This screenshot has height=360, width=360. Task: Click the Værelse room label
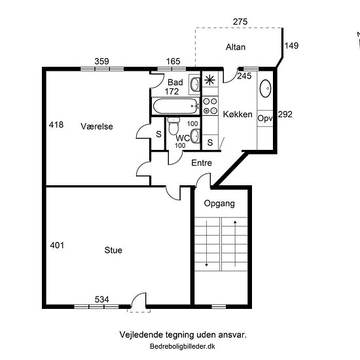tap(97, 126)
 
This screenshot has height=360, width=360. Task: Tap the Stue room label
tap(113, 250)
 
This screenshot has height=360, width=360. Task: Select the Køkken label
tap(238, 114)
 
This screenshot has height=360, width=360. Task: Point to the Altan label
tap(236, 47)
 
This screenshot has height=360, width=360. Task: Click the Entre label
tap(202, 163)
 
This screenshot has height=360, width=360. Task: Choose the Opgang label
tap(219, 204)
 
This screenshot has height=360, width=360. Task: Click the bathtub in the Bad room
tap(176, 106)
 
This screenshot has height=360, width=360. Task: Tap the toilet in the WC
tap(174, 126)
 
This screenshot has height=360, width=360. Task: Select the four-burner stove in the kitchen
tap(210, 106)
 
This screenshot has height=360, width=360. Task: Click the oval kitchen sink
tap(265, 88)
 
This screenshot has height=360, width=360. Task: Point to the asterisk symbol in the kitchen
tap(209, 80)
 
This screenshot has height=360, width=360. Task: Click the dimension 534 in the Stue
tap(101, 299)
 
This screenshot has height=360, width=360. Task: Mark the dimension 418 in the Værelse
tap(56, 124)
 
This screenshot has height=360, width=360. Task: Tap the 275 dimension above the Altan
tap(240, 22)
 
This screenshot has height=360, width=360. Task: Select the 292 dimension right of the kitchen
tap(285, 114)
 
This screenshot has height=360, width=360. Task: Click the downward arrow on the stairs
tap(206, 243)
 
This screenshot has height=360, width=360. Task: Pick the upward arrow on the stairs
tap(235, 243)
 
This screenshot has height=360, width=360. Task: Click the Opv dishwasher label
tap(265, 118)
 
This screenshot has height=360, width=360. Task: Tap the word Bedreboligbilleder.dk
tap(183, 346)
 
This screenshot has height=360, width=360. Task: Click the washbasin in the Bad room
tap(195, 84)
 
